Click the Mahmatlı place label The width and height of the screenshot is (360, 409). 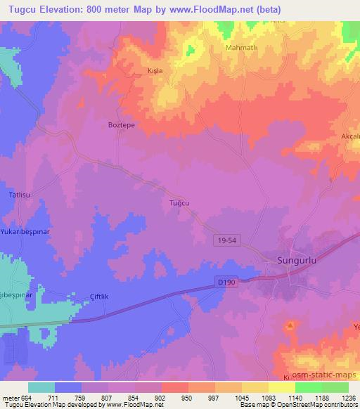point(243,48)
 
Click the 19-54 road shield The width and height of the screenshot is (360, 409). point(225,240)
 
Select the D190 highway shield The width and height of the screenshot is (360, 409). point(224,282)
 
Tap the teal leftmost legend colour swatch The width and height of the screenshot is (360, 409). point(41,387)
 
